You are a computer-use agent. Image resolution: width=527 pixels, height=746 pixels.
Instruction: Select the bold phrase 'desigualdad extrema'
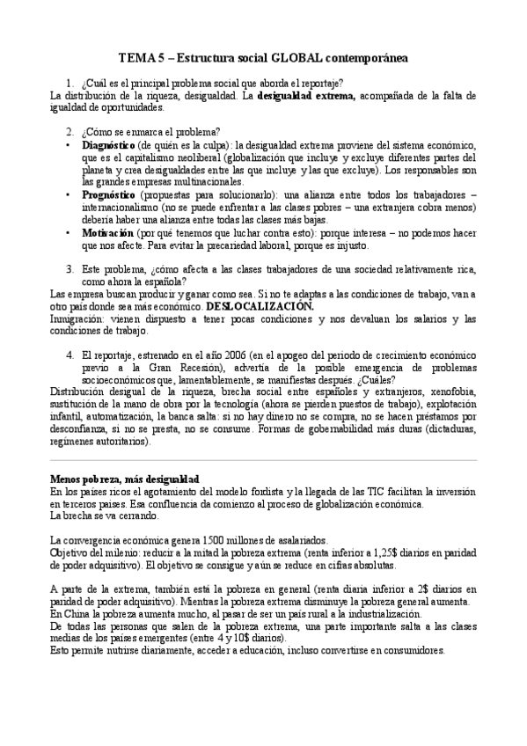tap(305, 97)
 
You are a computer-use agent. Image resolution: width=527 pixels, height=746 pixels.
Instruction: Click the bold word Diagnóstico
tap(108, 143)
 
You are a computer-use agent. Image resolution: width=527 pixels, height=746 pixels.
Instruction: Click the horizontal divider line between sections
tap(263, 460)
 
